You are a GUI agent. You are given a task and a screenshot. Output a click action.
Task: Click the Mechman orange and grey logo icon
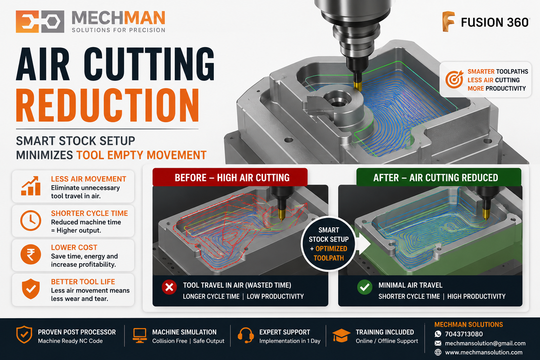pos(40,21)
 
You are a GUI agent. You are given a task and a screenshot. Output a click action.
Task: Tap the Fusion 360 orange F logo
pos(448,21)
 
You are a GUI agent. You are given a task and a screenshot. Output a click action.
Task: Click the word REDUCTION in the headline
pos(108,105)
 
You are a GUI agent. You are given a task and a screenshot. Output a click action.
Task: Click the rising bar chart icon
pos(31,186)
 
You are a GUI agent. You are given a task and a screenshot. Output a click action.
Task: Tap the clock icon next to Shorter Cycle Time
pos(31,220)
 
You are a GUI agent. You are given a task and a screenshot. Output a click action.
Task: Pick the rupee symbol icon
pos(31,255)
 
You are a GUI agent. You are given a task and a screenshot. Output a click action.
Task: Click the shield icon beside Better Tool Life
pos(31,289)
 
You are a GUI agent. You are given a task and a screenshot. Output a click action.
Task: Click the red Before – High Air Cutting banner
pos(230,177)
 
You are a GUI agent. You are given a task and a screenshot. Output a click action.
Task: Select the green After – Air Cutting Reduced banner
pos(439,177)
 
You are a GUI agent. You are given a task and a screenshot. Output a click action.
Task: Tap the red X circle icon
pos(169,287)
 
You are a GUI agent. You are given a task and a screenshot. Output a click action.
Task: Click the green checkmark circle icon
pos(365,287)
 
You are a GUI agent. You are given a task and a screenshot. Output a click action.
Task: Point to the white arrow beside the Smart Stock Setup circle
pos(364,244)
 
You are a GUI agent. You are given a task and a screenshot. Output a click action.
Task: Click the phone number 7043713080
pos(464,334)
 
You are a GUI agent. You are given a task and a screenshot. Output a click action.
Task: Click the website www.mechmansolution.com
pos(484,352)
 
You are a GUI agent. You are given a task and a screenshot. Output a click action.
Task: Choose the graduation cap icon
pos(341,335)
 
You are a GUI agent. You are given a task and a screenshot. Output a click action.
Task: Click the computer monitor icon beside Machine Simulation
pos(140,335)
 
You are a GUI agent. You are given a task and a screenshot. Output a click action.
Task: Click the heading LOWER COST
pos(74,247)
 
